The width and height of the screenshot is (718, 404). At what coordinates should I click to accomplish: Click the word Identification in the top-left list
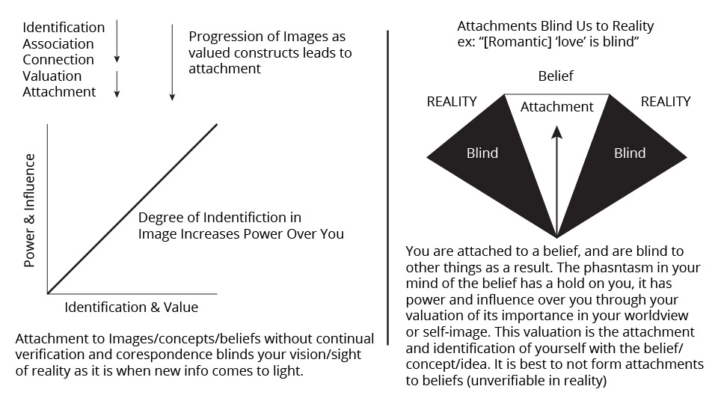pyautogui.click(x=64, y=28)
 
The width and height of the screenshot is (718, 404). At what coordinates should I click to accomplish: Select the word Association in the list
pyautogui.click(x=58, y=44)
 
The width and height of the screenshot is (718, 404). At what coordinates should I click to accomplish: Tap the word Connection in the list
pyautogui.click(x=58, y=60)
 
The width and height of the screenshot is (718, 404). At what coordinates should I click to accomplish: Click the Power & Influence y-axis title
pyautogui.click(x=30, y=210)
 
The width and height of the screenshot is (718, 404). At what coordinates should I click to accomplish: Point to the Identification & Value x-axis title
pyautogui.click(x=132, y=307)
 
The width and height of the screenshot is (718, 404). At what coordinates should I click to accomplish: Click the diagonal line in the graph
pyautogui.click(x=133, y=208)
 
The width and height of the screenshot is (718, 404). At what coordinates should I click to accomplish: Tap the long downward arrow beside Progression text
pyautogui.click(x=172, y=63)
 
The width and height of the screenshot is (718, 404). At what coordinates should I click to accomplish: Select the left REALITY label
pyautogui.click(x=452, y=102)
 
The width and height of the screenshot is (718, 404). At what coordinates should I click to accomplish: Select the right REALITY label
pyautogui.click(x=666, y=102)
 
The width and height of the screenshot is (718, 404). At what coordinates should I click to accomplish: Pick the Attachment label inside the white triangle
pyautogui.click(x=556, y=107)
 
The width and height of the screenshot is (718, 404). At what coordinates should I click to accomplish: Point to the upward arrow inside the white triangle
pyautogui.click(x=556, y=180)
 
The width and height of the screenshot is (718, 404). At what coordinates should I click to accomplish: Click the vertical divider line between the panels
pyautogui.click(x=387, y=187)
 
